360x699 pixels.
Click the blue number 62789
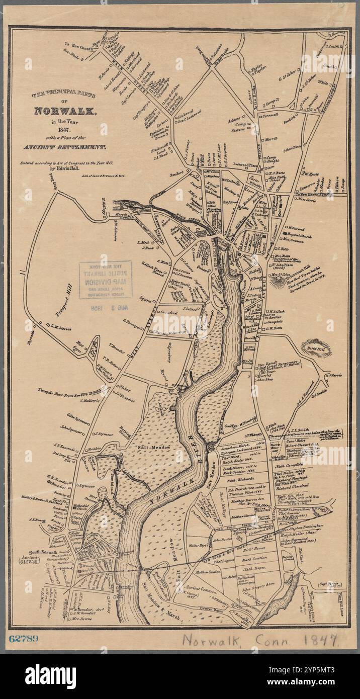pyautogui.click(x=24, y=639)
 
